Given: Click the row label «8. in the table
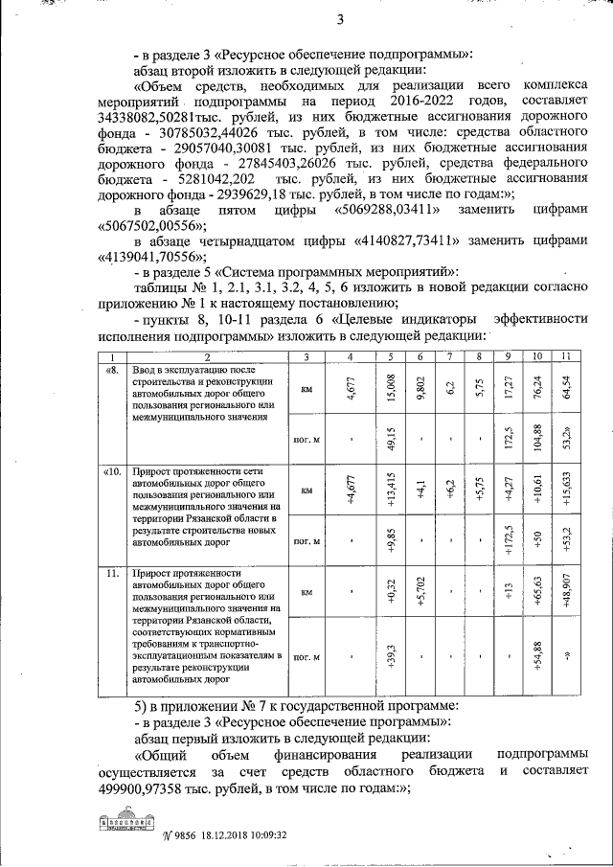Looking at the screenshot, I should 112,370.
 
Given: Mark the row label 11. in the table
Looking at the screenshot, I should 113,573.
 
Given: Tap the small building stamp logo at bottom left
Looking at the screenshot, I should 127,824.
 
